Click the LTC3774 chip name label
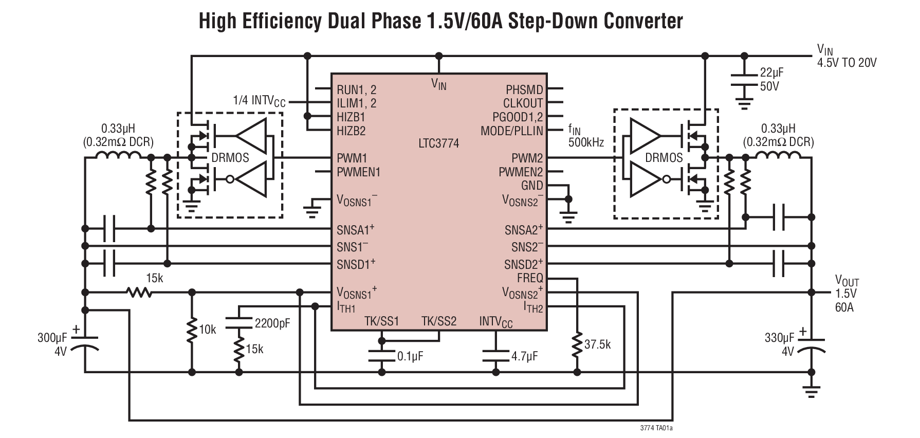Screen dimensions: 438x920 (x=438, y=143)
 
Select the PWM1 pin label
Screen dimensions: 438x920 (x=352, y=158)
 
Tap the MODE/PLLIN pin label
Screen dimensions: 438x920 (x=511, y=131)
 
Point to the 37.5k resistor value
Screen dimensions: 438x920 (x=597, y=344)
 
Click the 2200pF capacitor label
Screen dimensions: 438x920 (x=272, y=323)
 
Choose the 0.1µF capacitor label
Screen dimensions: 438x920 (x=410, y=356)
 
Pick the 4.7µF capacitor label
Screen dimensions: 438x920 (x=524, y=356)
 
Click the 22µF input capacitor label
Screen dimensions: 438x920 (x=772, y=72)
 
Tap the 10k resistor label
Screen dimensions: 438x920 (x=207, y=330)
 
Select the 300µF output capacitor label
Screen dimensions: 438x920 (x=52, y=338)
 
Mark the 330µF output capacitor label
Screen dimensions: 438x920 (x=779, y=338)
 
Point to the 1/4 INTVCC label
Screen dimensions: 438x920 (x=259, y=101)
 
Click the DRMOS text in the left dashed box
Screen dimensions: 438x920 (x=230, y=158)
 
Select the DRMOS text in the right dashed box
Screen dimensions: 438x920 (x=664, y=158)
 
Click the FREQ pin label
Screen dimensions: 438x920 (x=530, y=278)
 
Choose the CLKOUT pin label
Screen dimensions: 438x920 (x=523, y=103)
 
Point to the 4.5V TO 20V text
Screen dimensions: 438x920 (x=847, y=63)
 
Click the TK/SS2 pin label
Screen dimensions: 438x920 (x=439, y=321)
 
